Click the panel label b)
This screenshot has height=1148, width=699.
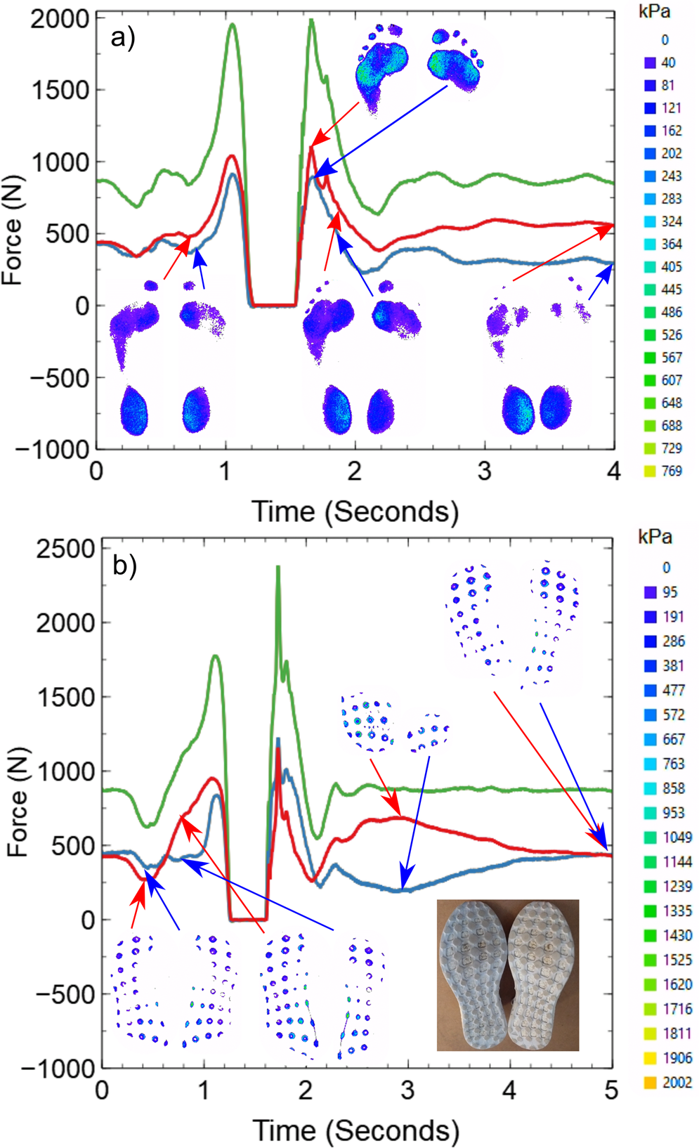pyautogui.click(x=124, y=565)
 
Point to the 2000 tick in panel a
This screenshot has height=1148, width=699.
pyautogui.click(x=60, y=19)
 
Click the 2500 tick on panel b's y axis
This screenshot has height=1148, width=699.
pyautogui.click(x=65, y=549)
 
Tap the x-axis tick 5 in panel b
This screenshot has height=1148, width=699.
pyautogui.click(x=610, y=1090)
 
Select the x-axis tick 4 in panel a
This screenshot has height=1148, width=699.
pyautogui.click(x=613, y=471)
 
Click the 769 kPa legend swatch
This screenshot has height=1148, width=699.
pyautogui.click(x=650, y=471)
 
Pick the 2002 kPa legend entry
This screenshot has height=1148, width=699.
pyautogui.click(x=667, y=1083)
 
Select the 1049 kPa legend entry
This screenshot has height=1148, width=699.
pyautogui.click(x=667, y=837)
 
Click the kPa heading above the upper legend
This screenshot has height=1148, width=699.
pyautogui.click(x=654, y=12)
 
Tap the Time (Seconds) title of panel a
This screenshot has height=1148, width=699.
pyautogui.click(x=355, y=511)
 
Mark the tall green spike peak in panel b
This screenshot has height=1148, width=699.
pyautogui.click(x=277, y=567)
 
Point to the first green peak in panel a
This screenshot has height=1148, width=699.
pyautogui.click(x=231, y=25)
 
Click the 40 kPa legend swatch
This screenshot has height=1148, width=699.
pyautogui.click(x=650, y=63)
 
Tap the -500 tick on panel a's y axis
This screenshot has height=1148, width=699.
pyautogui.click(x=60, y=378)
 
